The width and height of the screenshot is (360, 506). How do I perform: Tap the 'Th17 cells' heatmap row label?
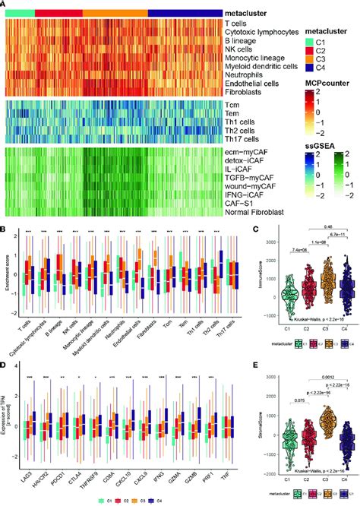241,139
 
